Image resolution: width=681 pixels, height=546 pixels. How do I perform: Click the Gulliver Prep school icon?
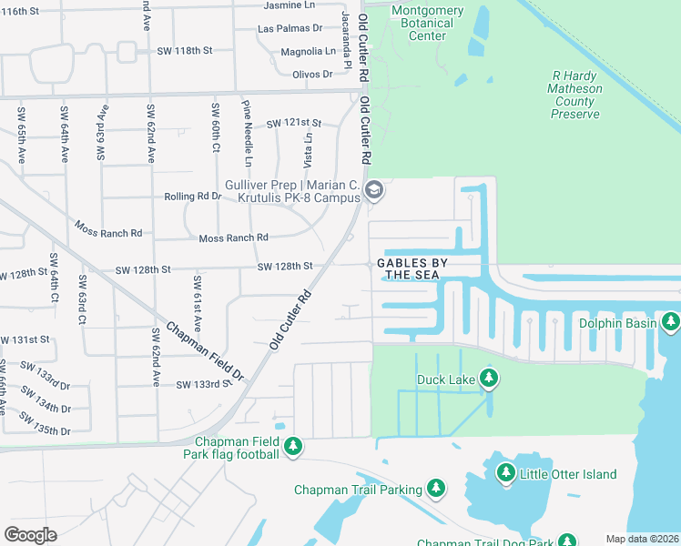(x=372, y=190)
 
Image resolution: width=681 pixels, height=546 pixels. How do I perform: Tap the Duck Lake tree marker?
(x=489, y=378)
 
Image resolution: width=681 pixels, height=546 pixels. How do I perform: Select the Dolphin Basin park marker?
(x=671, y=322)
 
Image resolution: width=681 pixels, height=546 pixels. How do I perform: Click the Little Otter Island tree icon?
(x=505, y=473)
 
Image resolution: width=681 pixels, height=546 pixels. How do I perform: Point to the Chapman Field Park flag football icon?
(x=292, y=446)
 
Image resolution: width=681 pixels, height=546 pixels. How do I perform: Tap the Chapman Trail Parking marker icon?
(x=436, y=490)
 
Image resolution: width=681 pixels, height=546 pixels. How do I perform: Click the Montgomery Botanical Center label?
(x=427, y=24)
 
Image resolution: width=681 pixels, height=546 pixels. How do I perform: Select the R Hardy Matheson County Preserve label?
(x=575, y=96)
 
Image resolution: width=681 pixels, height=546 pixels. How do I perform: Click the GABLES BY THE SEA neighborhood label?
(x=414, y=268)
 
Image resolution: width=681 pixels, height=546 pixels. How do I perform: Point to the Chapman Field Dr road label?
(x=205, y=351)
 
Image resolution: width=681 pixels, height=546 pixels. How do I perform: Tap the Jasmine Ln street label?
(x=288, y=5)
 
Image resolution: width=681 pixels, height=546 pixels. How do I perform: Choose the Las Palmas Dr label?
(x=290, y=28)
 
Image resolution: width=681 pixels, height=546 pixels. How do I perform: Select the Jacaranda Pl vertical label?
(x=346, y=41)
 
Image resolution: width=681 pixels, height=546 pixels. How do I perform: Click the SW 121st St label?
(x=294, y=123)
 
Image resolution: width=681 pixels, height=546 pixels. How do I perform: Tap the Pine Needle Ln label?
(x=248, y=127)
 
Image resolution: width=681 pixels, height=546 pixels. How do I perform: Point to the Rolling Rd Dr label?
(x=193, y=196)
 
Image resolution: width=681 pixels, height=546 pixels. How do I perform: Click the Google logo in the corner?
(x=31, y=534)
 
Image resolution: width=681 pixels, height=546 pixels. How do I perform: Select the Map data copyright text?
(x=642, y=539)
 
